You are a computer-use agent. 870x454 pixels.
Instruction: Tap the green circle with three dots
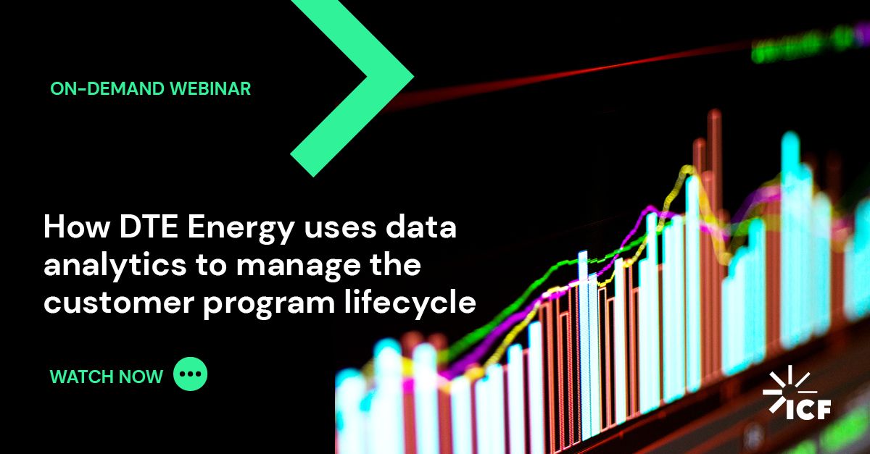pyautogui.click(x=191, y=374)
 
